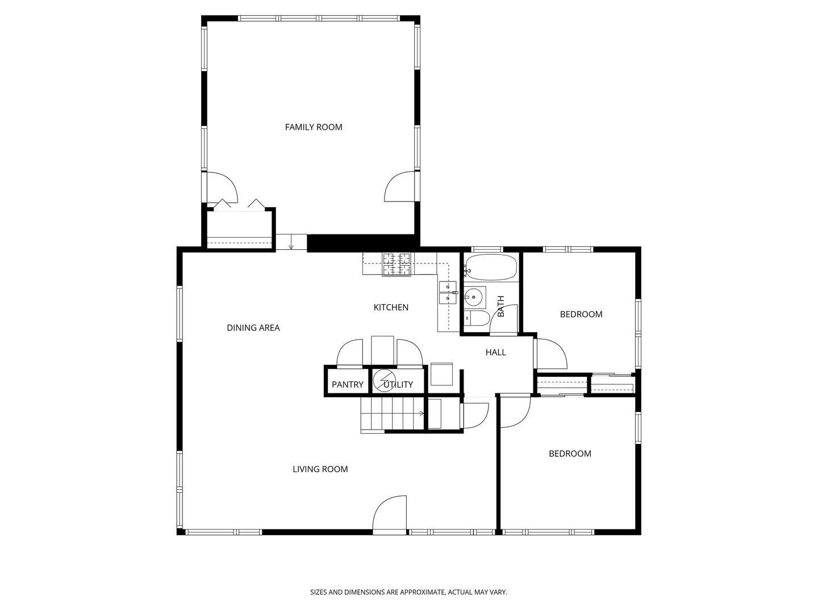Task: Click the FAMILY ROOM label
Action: [x=314, y=127]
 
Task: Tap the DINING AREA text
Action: [x=253, y=328]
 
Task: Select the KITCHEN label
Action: [x=391, y=308]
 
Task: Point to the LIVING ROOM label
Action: [x=320, y=469]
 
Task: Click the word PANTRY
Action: [x=347, y=384]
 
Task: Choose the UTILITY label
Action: [x=398, y=384]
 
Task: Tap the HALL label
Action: [x=496, y=352]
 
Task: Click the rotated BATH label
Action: [x=501, y=306]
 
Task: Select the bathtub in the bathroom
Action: [x=491, y=267]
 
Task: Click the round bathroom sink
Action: [x=474, y=297]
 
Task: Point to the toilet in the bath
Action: [x=477, y=318]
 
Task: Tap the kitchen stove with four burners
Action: [x=397, y=264]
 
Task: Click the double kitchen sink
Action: [x=447, y=293]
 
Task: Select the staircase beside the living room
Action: [x=393, y=414]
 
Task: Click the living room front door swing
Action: [x=390, y=514]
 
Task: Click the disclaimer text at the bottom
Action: [x=409, y=592]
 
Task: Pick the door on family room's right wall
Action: [x=400, y=187]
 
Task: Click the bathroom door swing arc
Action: [x=503, y=320]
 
